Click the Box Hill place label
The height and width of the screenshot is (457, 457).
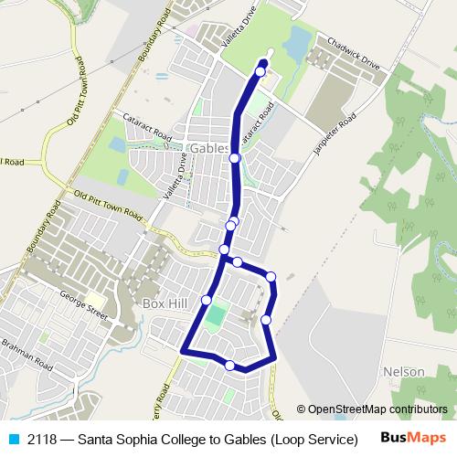[164, 302]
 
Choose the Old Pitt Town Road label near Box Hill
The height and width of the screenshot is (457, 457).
[109, 207]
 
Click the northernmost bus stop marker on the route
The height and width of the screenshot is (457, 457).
[260, 71]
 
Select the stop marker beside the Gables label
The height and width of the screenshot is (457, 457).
[235, 158]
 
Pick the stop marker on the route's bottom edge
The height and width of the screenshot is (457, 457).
[229, 366]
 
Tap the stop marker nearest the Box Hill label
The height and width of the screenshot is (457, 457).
[207, 300]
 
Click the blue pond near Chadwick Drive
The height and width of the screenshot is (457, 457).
[296, 40]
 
